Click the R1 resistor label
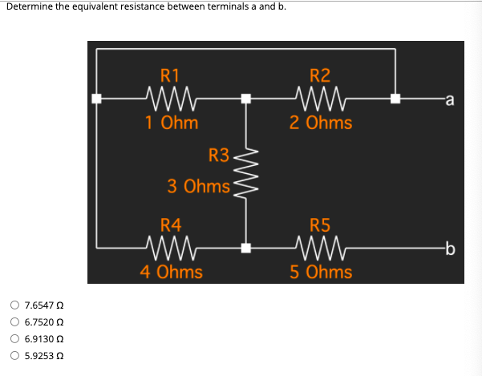click(x=170, y=76)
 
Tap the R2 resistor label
click(x=319, y=76)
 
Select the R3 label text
click(x=218, y=154)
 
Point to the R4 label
click(x=170, y=225)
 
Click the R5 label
click(x=319, y=225)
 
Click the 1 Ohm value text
click(x=172, y=123)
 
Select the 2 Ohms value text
click(x=321, y=123)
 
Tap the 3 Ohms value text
click(x=198, y=186)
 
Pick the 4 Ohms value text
click(x=172, y=272)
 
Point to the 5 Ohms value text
click(x=321, y=272)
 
